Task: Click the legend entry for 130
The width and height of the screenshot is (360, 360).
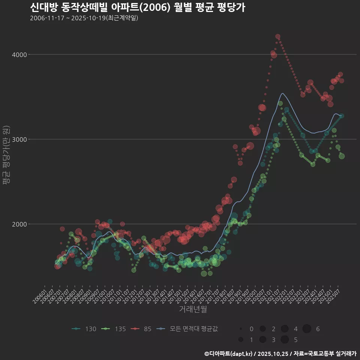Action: [x=84, y=329]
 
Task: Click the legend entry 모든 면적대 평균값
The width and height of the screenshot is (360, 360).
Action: [x=187, y=329]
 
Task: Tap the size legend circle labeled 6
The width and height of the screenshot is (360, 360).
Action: [x=307, y=329]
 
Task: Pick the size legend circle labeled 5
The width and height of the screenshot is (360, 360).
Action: [x=285, y=340]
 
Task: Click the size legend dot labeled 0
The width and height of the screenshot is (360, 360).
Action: [x=241, y=329]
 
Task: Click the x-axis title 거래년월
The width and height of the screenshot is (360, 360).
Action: [x=193, y=309]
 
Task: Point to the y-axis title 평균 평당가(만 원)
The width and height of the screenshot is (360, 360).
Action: [x=6, y=156]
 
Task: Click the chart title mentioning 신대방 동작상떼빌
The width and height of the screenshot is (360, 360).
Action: [x=137, y=7]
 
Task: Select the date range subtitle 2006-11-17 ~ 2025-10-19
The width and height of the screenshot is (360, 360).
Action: [x=84, y=18]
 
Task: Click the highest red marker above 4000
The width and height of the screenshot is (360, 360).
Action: [x=278, y=37]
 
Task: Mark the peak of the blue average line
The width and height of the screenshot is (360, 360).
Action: [x=283, y=93]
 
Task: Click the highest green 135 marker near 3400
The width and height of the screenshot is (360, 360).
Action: [x=280, y=103]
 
